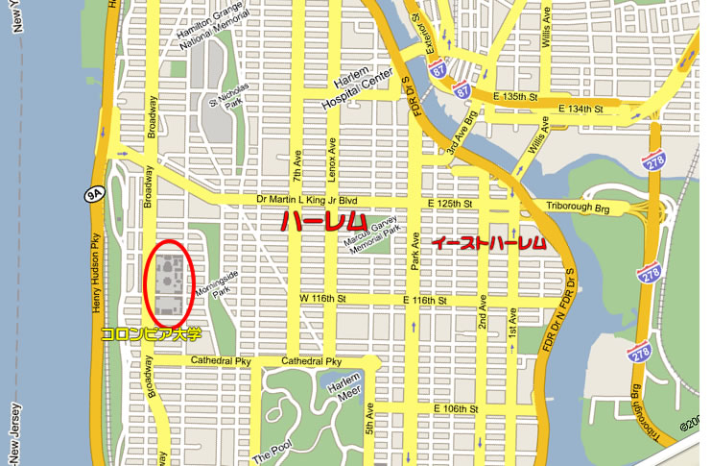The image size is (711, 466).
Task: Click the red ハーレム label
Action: click(321, 220)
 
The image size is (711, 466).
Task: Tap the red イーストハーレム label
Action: click(489, 243)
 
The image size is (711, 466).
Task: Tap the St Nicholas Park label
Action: click(228, 100)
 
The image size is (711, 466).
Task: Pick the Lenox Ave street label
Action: click(333, 155)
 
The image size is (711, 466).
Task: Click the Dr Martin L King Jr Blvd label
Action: click(309, 199)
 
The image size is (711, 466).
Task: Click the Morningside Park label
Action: click(212, 287)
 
